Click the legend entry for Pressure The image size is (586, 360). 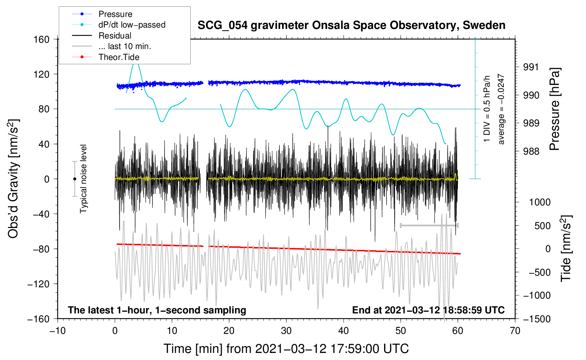coord(115,14)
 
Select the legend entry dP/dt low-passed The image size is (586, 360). coord(132,25)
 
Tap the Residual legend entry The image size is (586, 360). coord(115,36)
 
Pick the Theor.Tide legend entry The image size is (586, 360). coord(119,57)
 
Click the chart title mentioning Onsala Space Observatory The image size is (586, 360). coord(351,25)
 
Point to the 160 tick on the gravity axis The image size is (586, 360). coord(42,39)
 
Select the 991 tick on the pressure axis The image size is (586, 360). coord(531,67)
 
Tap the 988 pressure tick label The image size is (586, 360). coord(531,151)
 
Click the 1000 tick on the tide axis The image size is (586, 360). coord(539,202)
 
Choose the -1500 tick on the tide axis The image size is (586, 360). coord(537,319)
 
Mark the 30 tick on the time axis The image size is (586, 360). coord(286,331)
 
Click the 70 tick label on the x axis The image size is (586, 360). coord(515,331)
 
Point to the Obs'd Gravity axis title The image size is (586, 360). coord(13,179)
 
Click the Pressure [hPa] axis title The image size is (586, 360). coord(555,109)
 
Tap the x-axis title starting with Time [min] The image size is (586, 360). coord(286,349)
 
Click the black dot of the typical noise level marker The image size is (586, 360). coord(74,179)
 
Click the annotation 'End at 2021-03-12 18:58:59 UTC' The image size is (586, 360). coord(428,310)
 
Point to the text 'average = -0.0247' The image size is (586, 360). coord(501,109)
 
